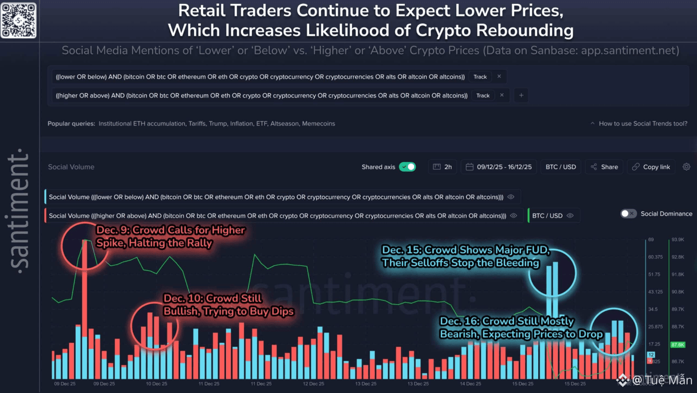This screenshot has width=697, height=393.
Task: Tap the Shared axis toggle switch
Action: tap(407, 167)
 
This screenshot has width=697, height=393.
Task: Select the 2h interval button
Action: tap(443, 167)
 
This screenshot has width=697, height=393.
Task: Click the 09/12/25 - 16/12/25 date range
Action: tap(499, 167)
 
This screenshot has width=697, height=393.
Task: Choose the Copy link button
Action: tap(651, 167)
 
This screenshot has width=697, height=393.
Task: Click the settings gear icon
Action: tap(687, 167)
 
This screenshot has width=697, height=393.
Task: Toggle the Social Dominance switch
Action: tap(628, 213)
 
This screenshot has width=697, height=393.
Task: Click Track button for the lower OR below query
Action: tap(480, 77)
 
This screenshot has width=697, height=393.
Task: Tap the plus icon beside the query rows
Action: tap(521, 95)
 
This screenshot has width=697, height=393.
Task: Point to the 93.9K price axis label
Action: tap(678, 240)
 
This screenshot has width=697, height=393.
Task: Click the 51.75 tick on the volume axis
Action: tap(655, 274)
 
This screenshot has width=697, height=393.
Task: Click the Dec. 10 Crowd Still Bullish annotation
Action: tap(228, 304)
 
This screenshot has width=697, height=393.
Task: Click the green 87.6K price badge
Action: tap(678, 344)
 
